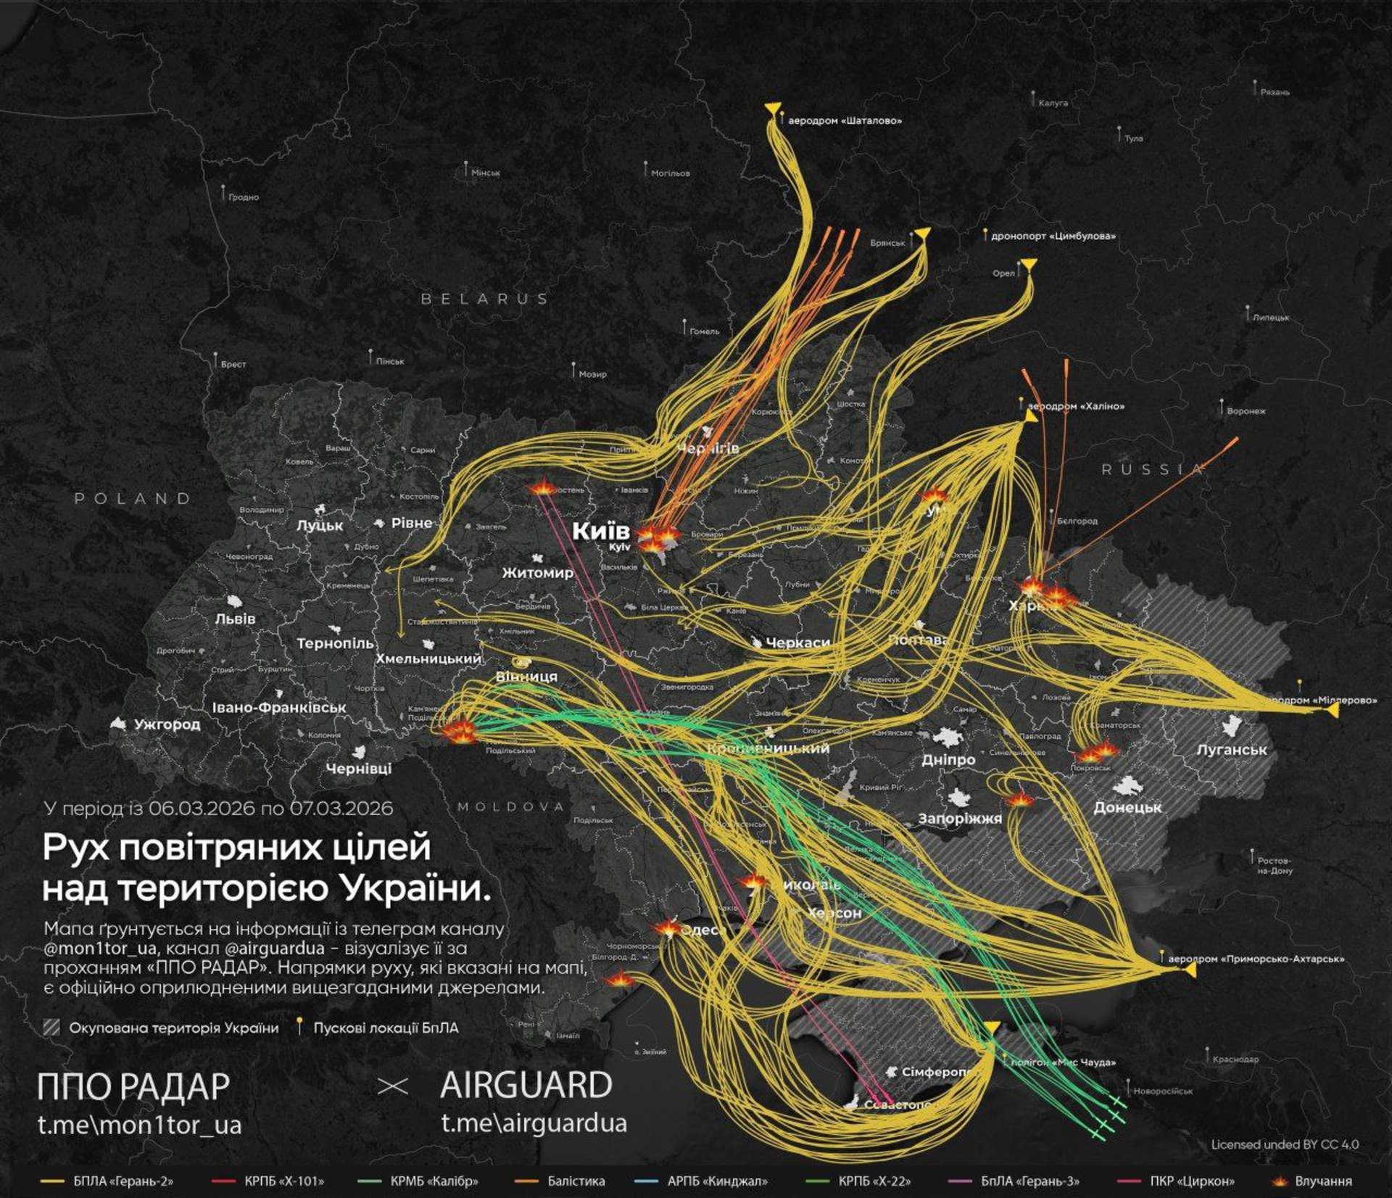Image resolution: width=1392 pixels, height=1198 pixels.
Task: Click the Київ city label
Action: pyautogui.click(x=601, y=531)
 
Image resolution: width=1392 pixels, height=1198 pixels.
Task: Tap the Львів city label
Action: pyautogui.click(x=235, y=619)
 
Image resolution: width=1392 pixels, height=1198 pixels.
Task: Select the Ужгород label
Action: pyautogui.click(x=167, y=724)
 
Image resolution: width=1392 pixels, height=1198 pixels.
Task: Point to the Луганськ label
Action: pyautogui.click(x=1232, y=750)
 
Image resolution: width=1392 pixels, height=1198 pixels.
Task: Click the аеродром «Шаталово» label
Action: pyautogui.click(x=845, y=121)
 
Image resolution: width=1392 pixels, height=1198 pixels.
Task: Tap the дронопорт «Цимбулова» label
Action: pyautogui.click(x=1053, y=236)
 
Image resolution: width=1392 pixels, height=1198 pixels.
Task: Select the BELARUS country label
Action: pyautogui.click(x=485, y=298)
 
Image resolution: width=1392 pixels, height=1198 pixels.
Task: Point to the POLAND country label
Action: pyautogui.click(x=133, y=498)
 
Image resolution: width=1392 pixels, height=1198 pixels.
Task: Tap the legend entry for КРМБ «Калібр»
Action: pyautogui.click(x=434, y=1181)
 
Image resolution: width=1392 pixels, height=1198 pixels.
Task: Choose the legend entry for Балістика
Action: pyautogui.click(x=576, y=1181)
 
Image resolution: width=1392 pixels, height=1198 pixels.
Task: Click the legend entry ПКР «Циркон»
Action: pyautogui.click(x=1192, y=1181)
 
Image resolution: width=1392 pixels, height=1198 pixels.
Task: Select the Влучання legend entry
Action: pyautogui.click(x=1323, y=1181)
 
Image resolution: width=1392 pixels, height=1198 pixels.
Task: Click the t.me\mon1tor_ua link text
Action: pyautogui.click(x=139, y=1125)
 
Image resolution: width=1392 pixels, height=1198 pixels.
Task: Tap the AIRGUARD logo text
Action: pyautogui.click(x=526, y=1086)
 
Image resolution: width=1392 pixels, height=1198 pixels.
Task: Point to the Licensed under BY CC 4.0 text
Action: pyautogui.click(x=1285, y=1144)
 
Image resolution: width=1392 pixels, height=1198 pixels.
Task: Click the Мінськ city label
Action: pyautogui.click(x=485, y=173)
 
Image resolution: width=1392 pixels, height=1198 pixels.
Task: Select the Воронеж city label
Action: pyautogui.click(x=1246, y=411)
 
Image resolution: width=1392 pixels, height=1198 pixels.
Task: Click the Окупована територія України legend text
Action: pyautogui.click(x=173, y=1028)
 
